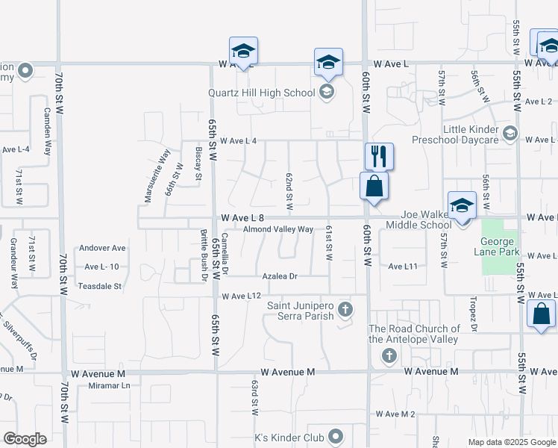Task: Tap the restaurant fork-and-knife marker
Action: click(379, 157)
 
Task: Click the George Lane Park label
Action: click(497, 246)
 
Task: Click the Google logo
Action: click(25, 439)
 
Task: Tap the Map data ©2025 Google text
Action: click(512, 442)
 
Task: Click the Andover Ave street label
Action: click(103, 248)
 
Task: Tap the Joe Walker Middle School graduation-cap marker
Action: click(462, 206)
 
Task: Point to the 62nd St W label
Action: click(289, 191)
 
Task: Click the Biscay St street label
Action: click(198, 164)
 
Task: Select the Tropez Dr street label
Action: click(474, 317)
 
